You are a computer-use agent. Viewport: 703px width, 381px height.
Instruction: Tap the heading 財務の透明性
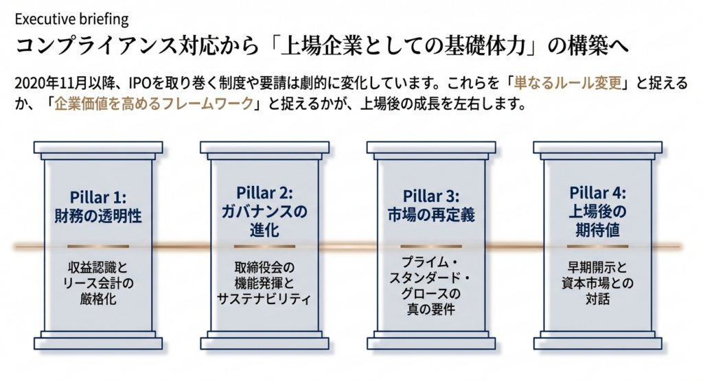[98, 215]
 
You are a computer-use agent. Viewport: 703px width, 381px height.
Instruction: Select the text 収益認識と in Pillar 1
[98, 266]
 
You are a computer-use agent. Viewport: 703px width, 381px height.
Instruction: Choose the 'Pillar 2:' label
[264, 192]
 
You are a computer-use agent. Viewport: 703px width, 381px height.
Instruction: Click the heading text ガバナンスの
[264, 211]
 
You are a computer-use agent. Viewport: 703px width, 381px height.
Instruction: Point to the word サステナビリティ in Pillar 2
[264, 300]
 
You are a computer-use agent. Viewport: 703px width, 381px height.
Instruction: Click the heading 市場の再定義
[430, 215]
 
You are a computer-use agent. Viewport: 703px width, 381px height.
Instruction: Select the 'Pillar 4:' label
[597, 192]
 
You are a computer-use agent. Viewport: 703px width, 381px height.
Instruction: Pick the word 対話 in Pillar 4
[597, 300]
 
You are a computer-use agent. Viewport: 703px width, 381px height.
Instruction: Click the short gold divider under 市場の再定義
[430, 246]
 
